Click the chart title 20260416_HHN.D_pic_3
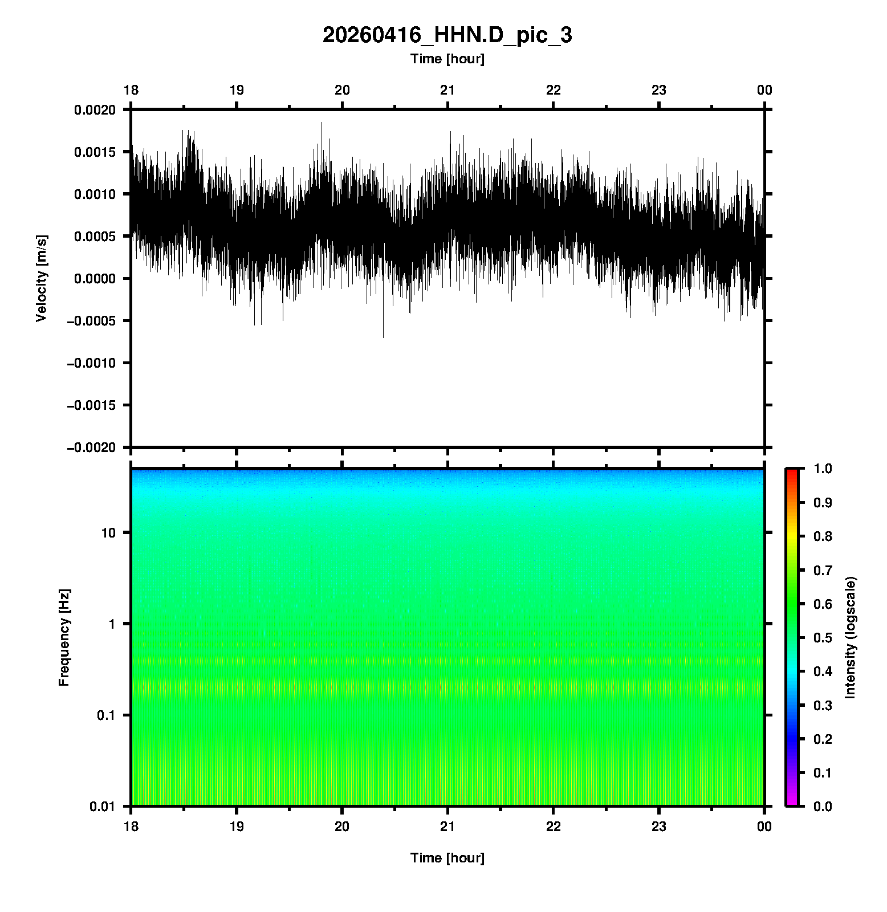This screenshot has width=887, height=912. (447, 35)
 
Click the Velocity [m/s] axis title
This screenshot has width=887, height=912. (42, 278)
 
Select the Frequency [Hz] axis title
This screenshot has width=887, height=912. (64, 637)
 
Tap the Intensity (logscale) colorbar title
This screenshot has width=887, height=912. (851, 637)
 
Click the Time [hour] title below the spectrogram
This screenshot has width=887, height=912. (447, 858)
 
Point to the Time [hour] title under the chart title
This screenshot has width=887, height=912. (447, 59)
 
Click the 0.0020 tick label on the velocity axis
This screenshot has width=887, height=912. (95, 110)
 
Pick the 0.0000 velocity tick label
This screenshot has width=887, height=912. (95, 279)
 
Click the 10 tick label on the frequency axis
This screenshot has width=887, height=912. (108, 533)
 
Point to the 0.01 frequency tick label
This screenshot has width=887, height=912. (103, 806)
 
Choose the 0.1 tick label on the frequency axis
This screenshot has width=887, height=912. (105, 715)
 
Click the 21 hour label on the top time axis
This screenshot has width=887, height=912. (447, 90)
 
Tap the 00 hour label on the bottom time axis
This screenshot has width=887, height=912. (764, 827)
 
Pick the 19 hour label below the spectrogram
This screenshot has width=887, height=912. (237, 827)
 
